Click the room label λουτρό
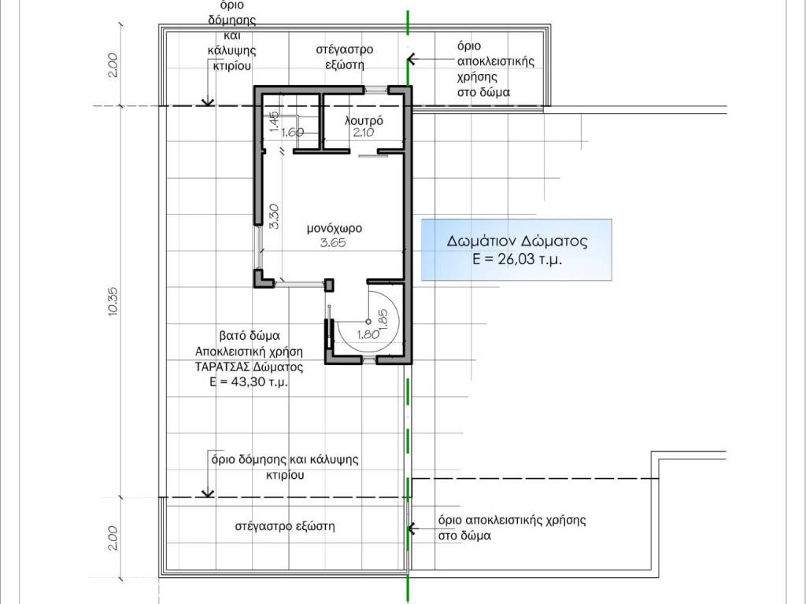(x=364, y=120)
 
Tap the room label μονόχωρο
(x=335, y=228)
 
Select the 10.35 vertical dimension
(x=113, y=301)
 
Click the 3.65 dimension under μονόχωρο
(x=333, y=243)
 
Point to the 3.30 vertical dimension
(x=274, y=217)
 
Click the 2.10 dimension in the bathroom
(x=364, y=132)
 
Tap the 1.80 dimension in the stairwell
(x=368, y=335)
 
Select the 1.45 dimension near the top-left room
(x=274, y=122)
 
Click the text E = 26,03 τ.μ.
(x=517, y=259)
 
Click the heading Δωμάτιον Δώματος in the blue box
(x=517, y=241)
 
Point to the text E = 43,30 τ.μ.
(x=249, y=382)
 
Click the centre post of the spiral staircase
(x=368, y=322)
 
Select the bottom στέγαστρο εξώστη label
(x=285, y=526)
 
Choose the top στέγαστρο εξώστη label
(x=345, y=57)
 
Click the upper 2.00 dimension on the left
(x=113, y=65)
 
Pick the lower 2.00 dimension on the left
(x=113, y=538)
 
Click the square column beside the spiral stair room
(x=329, y=285)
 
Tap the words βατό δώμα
(x=250, y=336)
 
